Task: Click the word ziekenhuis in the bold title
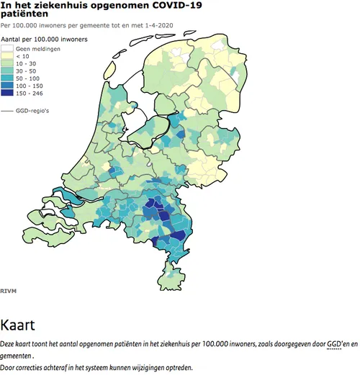tap(55, 6)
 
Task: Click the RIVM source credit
tap(8, 291)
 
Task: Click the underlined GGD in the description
tap(334, 344)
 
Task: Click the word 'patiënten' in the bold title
tap(24, 14)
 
